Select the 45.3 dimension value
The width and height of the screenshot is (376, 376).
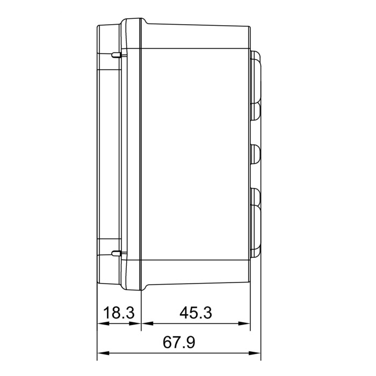195,313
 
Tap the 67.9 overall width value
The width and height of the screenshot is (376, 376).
178,342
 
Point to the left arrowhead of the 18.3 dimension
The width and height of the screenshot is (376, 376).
100,324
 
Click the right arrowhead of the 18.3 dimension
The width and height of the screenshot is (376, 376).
136,324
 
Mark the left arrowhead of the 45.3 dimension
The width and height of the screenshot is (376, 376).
144,324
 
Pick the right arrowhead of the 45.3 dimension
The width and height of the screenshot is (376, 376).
247,324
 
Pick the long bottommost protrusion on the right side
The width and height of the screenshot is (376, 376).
257,230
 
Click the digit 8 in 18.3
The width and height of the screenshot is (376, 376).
114,313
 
